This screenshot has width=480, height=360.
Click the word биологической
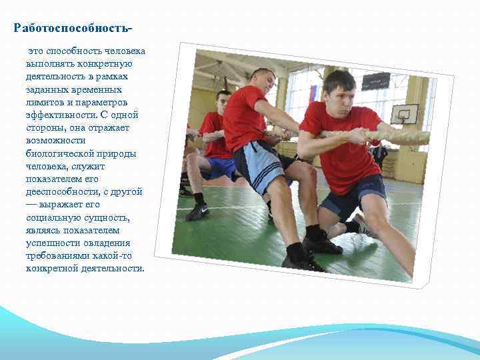tap(59, 153)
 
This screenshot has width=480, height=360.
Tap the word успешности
tap(54, 243)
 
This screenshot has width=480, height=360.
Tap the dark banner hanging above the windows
tap(375, 81)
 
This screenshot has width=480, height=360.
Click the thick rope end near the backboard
tap(413, 137)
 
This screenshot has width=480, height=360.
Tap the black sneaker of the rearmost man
tap(197, 212)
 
